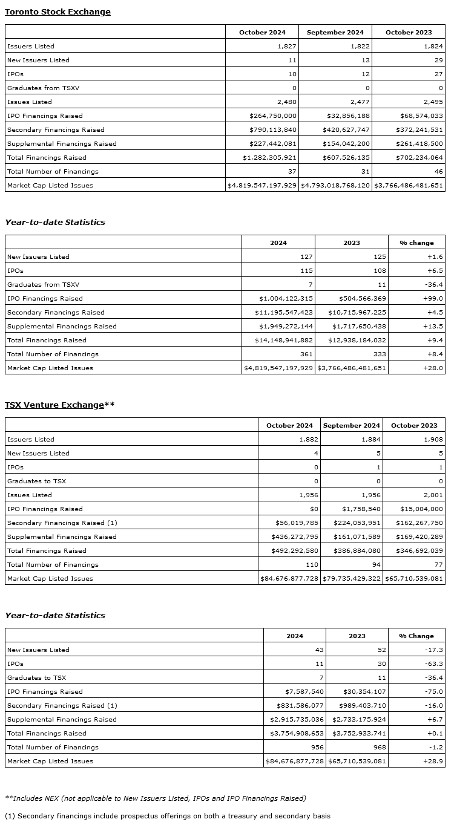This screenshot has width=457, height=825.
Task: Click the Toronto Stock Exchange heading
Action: [x=58, y=11]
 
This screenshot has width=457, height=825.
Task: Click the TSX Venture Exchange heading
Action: [x=54, y=405]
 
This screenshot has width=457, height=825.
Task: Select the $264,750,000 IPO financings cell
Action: [x=273, y=116]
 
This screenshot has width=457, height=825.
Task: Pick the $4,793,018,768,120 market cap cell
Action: [x=335, y=185]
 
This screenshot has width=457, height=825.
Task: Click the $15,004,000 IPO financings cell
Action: [x=421, y=509]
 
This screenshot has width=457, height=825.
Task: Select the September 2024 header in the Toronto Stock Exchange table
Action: [x=335, y=32]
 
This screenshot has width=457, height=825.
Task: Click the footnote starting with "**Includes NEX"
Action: [x=155, y=798]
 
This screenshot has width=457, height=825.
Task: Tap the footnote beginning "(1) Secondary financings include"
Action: [x=167, y=816]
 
